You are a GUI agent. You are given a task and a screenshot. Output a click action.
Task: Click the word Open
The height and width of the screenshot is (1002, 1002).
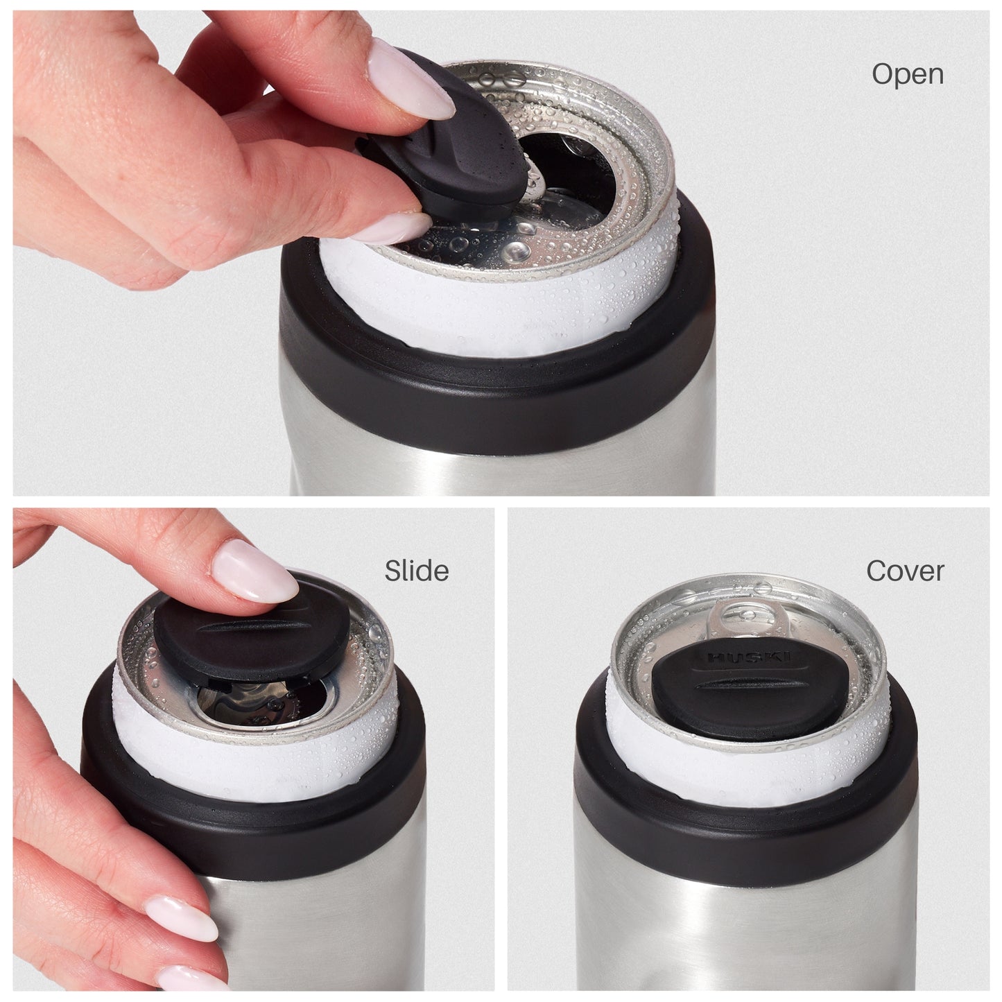[907, 74]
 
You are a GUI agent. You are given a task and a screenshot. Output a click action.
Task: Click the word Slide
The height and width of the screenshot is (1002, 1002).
[416, 571]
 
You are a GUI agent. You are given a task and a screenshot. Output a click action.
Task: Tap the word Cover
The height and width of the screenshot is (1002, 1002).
[905, 571]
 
